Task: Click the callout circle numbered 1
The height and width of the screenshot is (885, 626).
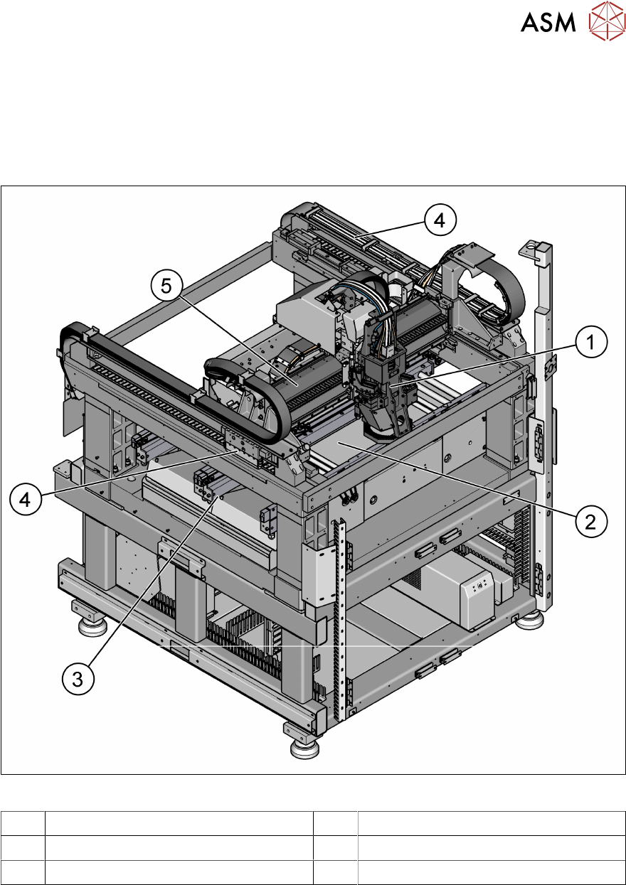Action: click(590, 343)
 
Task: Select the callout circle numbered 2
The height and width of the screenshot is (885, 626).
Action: click(590, 522)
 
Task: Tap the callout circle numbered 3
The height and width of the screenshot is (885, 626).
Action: click(77, 678)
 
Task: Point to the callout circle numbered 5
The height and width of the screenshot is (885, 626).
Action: click(166, 287)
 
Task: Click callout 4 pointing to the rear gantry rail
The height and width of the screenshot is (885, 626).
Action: click(440, 220)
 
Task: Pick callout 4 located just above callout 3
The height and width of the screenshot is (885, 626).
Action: click(26, 500)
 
